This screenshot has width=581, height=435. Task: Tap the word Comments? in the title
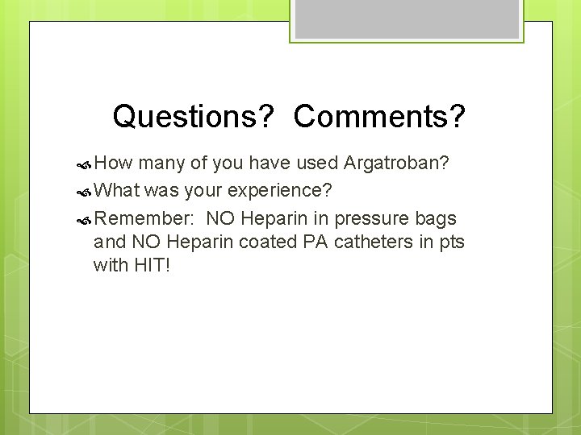(380, 117)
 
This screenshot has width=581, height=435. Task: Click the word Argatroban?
(396, 164)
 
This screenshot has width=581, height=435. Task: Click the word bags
(438, 218)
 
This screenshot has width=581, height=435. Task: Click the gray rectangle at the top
(407, 19)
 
